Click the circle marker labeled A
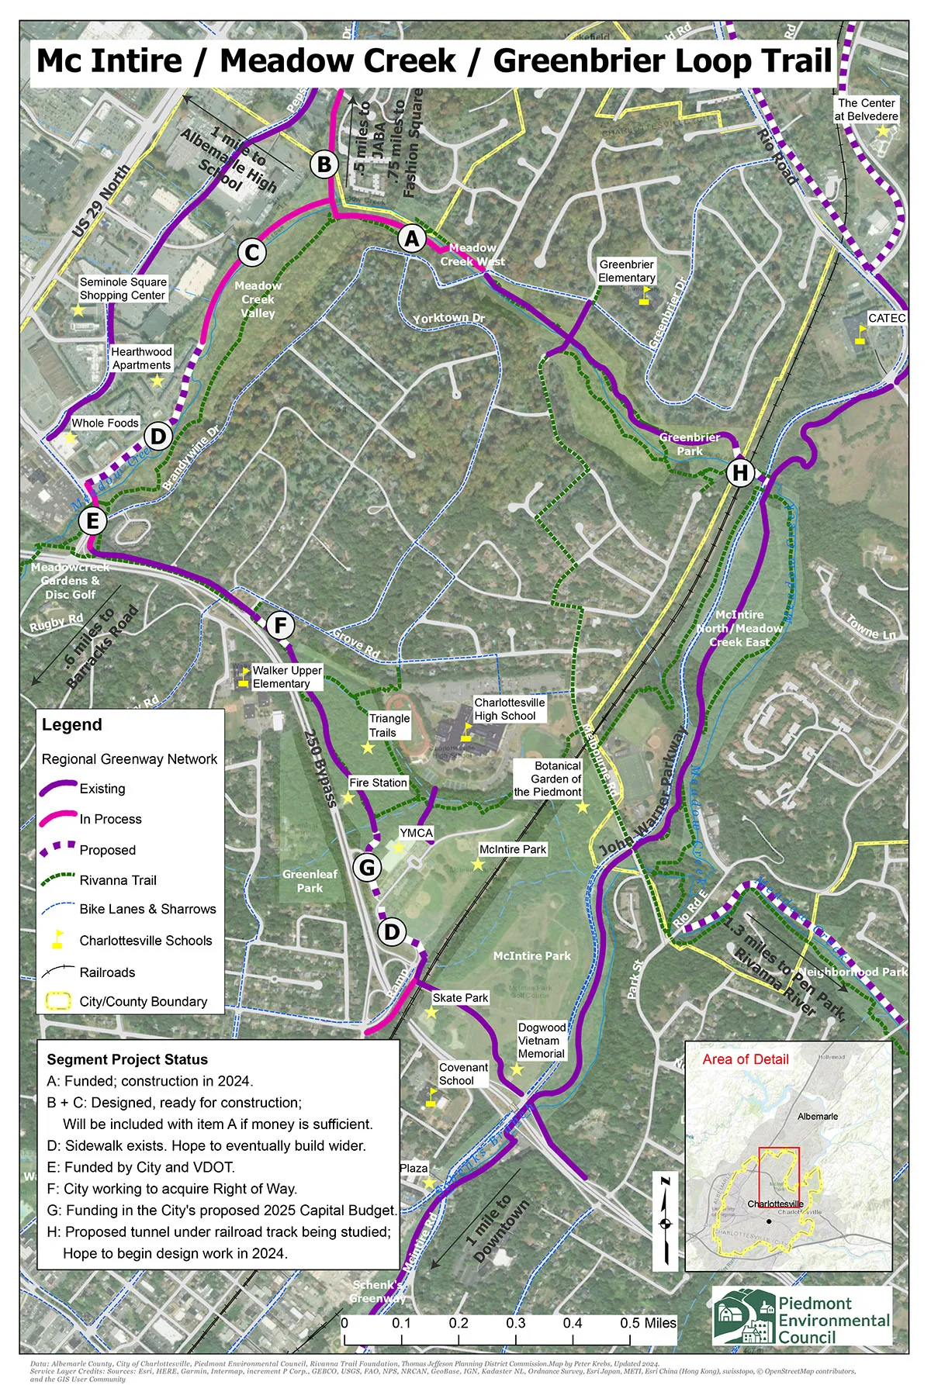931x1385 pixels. click(412, 238)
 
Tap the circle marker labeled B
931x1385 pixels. click(324, 164)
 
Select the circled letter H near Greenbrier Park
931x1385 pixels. click(740, 472)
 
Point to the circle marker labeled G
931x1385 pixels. click(368, 867)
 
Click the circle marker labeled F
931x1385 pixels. click(280, 625)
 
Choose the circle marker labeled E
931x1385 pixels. click(93, 520)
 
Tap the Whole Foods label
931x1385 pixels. click(105, 423)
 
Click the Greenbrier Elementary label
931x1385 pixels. click(627, 271)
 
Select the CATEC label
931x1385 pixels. click(887, 318)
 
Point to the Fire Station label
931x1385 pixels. click(378, 783)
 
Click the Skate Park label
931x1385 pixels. click(460, 998)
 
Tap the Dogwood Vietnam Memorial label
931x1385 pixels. click(542, 1041)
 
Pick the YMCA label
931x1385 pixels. click(417, 833)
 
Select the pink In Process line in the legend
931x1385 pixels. click(59, 818)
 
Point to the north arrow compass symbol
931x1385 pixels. click(665, 1224)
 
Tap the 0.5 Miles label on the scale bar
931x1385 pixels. click(649, 1323)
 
